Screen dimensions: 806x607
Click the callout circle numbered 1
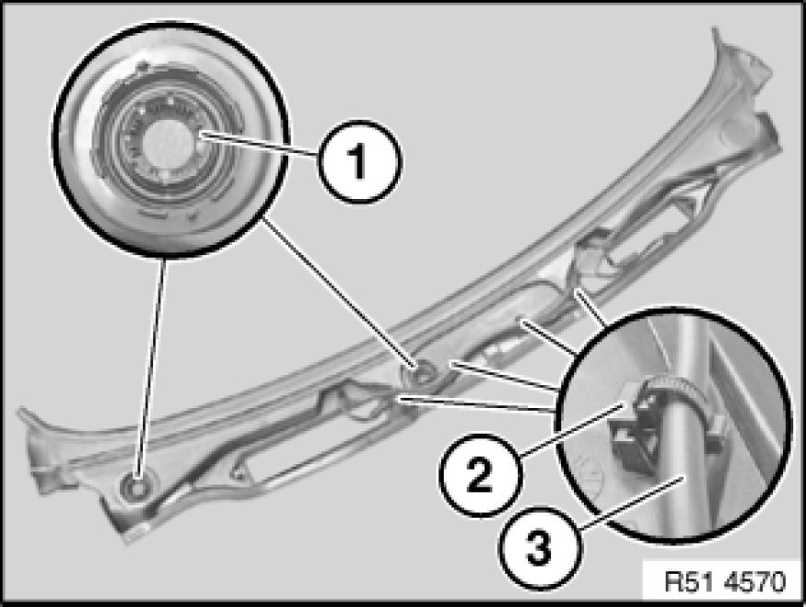(360, 161)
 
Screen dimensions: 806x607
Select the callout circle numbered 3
(540, 547)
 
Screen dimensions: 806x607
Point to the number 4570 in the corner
(755, 581)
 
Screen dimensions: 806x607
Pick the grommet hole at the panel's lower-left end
(135, 486)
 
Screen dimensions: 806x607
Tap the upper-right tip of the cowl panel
(716, 29)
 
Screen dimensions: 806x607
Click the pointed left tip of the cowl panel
(20, 411)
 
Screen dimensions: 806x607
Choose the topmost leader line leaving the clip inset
(591, 308)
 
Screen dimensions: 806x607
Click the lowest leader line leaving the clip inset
(477, 404)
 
